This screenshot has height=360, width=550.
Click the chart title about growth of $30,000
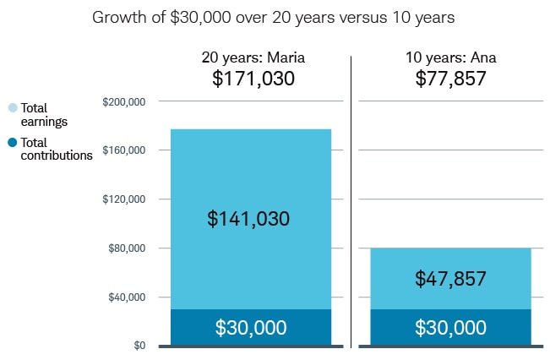275,16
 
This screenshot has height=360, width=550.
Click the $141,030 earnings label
248,219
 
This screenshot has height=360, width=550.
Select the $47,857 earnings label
450,278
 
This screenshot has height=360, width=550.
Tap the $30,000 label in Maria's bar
250,327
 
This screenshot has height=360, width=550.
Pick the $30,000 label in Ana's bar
450,327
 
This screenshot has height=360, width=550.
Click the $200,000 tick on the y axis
124,101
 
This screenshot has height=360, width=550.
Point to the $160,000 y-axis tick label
124,150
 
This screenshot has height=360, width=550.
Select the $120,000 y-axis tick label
124,199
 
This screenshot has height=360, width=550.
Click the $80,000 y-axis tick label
127,248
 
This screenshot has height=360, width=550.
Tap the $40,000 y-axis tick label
127,297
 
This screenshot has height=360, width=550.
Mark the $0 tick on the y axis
137,346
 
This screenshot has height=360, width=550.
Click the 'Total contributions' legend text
56,149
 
